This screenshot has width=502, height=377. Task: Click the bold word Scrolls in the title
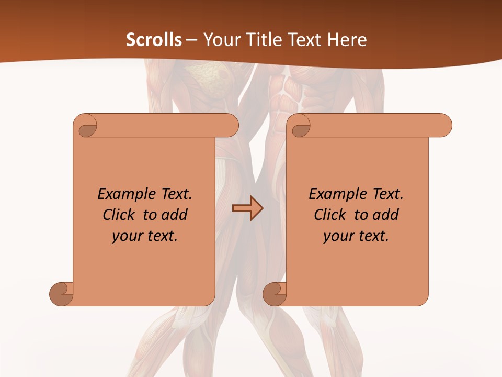point(154,40)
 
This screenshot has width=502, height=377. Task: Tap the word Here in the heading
point(347,40)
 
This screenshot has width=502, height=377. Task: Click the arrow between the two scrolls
point(247,208)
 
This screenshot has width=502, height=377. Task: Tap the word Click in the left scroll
point(120,215)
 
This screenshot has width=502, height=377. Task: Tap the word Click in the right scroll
point(332,215)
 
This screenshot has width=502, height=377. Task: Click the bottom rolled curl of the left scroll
point(61,294)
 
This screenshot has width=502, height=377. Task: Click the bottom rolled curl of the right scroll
point(275,294)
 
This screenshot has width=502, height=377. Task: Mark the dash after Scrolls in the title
point(191,40)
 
